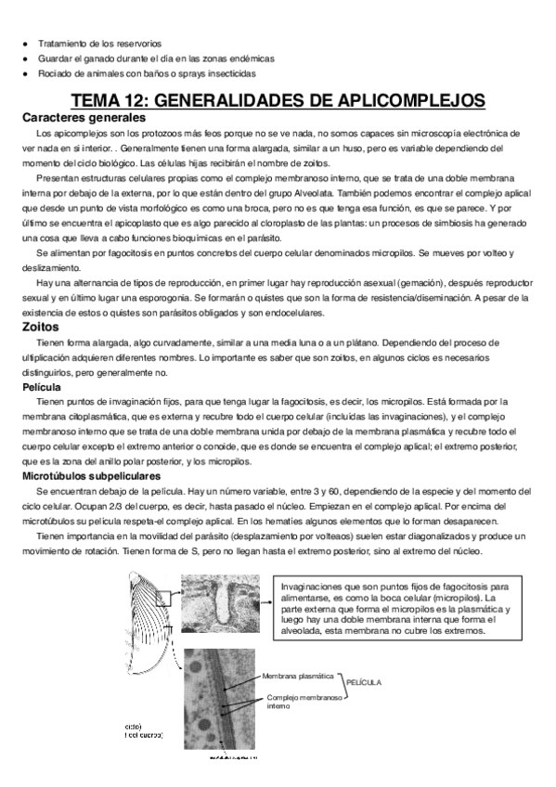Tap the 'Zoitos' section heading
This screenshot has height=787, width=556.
point(43,326)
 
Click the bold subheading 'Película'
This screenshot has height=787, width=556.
point(43,386)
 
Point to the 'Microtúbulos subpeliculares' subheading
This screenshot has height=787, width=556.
point(85,475)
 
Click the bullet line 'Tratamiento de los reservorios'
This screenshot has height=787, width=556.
point(98,43)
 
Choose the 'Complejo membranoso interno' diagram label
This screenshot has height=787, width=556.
point(303,702)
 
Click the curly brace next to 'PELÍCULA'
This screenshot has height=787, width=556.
point(340,681)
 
